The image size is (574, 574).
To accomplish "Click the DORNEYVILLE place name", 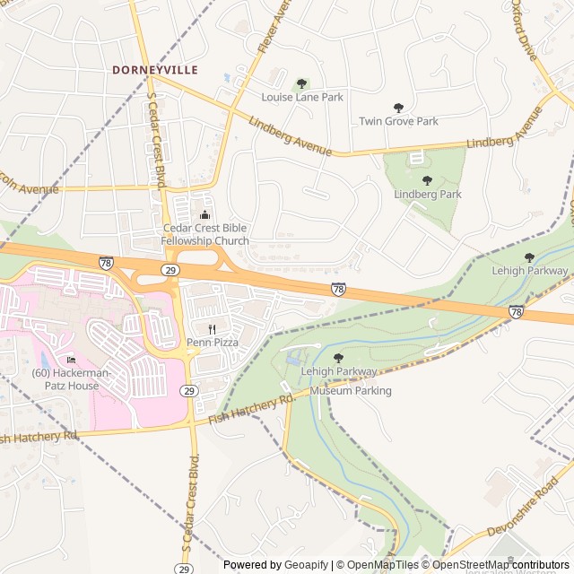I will click(154, 69).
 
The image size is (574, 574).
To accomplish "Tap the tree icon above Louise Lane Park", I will click(301, 83).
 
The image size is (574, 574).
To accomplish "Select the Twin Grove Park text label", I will click(398, 121).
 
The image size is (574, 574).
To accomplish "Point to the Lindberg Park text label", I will click(428, 194).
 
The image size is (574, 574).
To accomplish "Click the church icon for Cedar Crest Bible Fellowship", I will click(205, 213).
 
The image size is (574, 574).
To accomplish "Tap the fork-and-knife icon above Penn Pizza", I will click(213, 329).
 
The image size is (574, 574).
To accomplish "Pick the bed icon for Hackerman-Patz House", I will click(71, 360).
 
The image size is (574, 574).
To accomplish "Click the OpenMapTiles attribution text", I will click(380, 565).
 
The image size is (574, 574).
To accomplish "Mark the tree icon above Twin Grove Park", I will click(398, 108).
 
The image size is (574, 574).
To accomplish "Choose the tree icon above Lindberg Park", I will click(428, 180).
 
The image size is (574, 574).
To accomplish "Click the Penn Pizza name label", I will click(213, 343).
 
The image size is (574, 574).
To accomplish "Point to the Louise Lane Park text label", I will click(301, 97).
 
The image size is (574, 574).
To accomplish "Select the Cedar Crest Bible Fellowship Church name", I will click(205, 234).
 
